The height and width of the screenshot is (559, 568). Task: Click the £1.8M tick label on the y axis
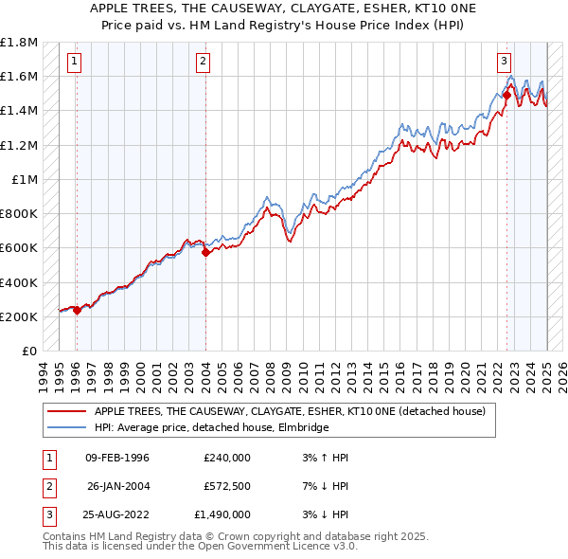[x=19, y=43]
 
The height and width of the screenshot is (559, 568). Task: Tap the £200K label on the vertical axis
[x=19, y=316]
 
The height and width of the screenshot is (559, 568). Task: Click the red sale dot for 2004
[x=205, y=253]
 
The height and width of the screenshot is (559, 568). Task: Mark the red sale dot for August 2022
[x=506, y=96]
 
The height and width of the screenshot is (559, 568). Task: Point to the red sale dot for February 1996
[x=77, y=310]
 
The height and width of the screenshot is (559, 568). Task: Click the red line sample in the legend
[x=67, y=411]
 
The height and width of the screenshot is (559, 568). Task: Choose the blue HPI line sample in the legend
[x=67, y=427]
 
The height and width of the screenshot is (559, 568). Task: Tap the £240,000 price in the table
[x=227, y=458]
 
